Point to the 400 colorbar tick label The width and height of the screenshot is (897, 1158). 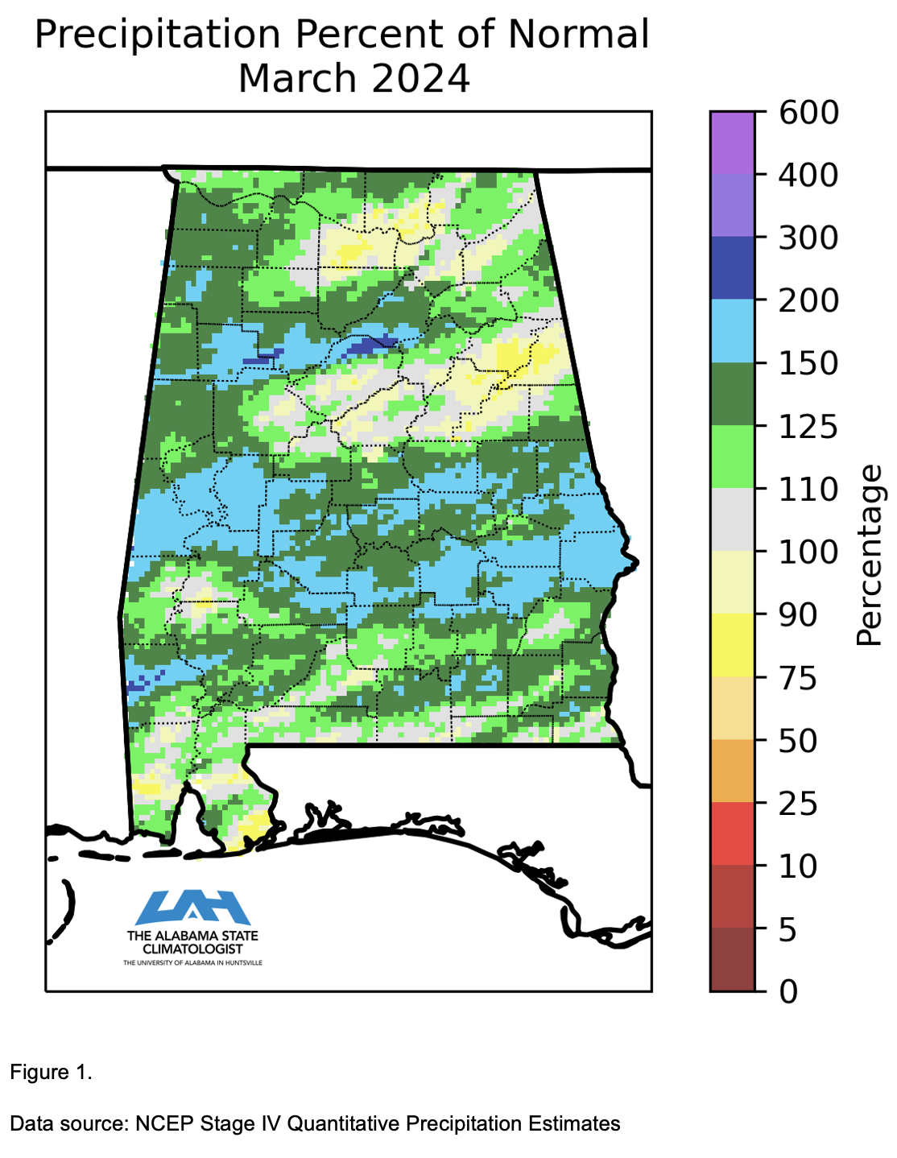click(808, 175)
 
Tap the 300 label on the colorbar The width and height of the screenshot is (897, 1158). click(808, 238)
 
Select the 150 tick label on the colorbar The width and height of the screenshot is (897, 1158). click(808, 363)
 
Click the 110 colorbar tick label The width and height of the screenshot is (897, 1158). click(808, 489)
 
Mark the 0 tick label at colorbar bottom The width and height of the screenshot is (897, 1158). click(789, 991)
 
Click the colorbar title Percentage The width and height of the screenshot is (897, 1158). click(869, 556)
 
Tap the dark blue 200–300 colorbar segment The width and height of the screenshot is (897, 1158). click(732, 268)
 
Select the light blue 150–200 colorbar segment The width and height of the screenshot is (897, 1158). click(732, 331)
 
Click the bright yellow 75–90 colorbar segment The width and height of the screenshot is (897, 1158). click(732, 645)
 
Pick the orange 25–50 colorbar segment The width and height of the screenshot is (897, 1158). click(732, 771)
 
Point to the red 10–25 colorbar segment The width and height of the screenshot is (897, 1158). click(732, 834)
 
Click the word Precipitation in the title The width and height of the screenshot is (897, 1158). click(157, 36)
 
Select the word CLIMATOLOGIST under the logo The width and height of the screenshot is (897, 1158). click(192, 949)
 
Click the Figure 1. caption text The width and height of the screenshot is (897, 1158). click(51, 1073)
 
